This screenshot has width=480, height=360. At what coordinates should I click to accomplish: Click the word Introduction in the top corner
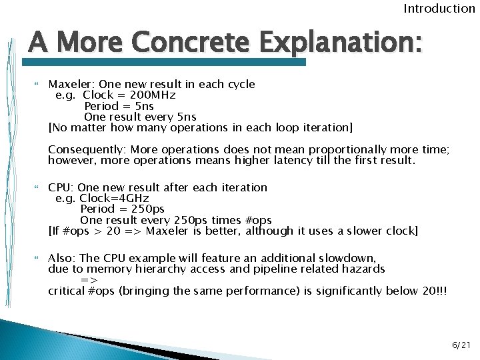coord(439,9)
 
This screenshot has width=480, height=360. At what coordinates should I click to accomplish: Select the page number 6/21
coord(461,345)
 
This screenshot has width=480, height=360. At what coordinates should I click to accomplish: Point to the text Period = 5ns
coord(119,105)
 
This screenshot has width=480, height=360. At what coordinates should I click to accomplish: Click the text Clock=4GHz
coord(114,198)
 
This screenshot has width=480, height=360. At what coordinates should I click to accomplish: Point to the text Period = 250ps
coord(122,209)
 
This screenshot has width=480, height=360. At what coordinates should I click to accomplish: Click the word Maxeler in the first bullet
coord(71,84)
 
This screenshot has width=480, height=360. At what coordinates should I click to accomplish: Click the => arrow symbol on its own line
coord(89,280)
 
